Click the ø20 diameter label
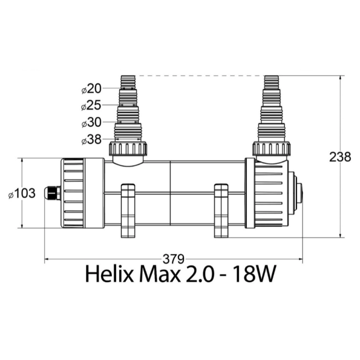(91, 89)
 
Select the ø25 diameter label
(91, 106)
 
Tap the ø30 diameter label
(91, 122)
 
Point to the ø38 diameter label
(91, 139)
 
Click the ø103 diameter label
(22, 193)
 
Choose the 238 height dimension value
(340, 157)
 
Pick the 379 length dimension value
(174, 259)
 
